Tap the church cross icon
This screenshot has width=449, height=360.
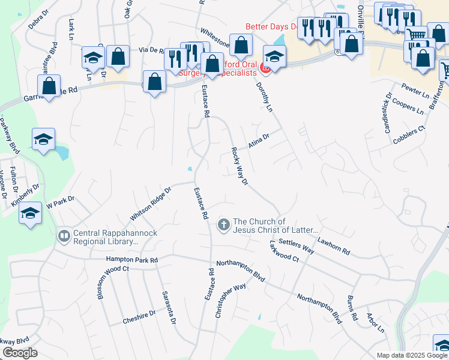(223, 226)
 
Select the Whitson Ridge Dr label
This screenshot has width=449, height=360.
(151, 203)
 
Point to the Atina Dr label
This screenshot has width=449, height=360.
(259, 142)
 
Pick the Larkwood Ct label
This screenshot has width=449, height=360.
(284, 251)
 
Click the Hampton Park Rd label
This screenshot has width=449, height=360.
(131, 260)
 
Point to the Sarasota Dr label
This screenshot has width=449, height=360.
(169, 308)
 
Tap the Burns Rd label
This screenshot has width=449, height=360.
(352, 307)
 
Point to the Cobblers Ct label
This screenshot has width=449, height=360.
(409, 135)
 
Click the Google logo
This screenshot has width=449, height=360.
(20, 353)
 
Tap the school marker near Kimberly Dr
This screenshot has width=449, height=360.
(30, 214)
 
